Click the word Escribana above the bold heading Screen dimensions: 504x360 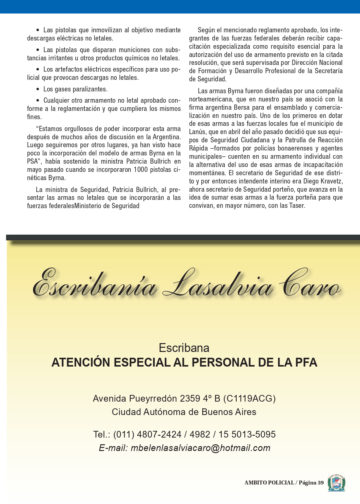point(184,348)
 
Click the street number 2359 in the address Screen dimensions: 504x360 point(190,399)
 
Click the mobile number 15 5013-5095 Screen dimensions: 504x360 point(247,434)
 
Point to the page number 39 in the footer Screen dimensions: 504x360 point(320,483)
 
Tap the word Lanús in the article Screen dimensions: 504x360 point(197,132)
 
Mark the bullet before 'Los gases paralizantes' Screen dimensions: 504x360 point(38,89)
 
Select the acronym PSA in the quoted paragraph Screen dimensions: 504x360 point(32,161)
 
